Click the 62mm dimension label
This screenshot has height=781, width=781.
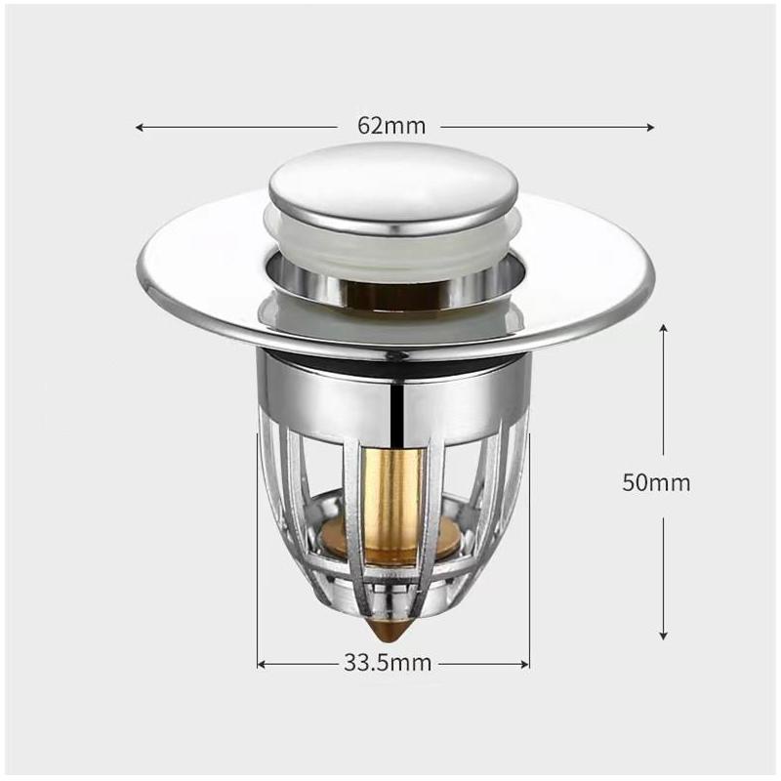click(x=391, y=126)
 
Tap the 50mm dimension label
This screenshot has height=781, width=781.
click(x=656, y=482)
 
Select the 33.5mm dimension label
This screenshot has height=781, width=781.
click(x=387, y=663)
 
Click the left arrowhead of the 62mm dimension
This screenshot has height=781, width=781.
click(x=140, y=128)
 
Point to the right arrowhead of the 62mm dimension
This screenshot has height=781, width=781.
click(x=649, y=128)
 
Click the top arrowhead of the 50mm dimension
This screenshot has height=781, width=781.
click(x=663, y=328)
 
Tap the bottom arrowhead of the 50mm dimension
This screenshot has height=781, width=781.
click(x=663, y=636)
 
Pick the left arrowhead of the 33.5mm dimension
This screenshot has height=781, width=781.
click(x=262, y=665)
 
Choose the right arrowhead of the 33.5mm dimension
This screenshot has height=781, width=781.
click(x=524, y=665)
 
